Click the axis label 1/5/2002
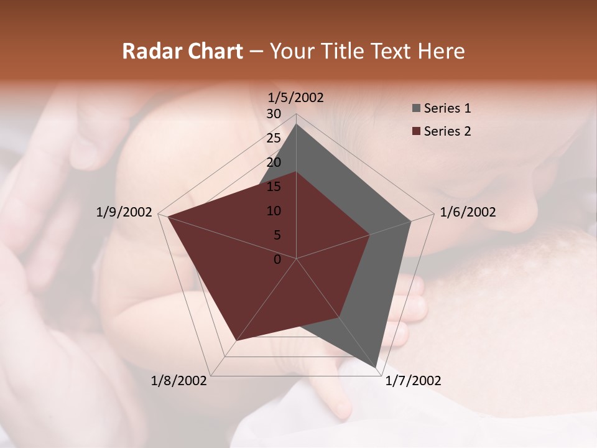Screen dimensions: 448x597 [295, 97]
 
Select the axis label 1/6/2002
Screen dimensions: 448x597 [468, 212]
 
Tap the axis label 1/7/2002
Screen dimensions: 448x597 [413, 380]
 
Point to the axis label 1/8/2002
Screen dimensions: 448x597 [179, 380]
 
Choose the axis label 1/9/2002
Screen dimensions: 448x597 [124, 212]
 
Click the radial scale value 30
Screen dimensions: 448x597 [274, 114]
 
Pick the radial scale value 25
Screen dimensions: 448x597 [274, 138]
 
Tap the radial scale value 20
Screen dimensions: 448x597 [274, 162]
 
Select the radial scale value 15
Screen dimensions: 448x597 [274, 187]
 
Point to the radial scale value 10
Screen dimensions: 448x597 [274, 211]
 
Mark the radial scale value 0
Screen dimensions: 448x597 [277, 259]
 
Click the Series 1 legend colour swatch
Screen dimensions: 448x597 [415, 109]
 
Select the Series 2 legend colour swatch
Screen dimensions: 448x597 [415, 131]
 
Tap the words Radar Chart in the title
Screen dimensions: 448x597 [182, 51]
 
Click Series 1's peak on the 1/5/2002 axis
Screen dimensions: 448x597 [297, 124]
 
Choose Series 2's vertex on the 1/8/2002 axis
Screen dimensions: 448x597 [236, 341]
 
